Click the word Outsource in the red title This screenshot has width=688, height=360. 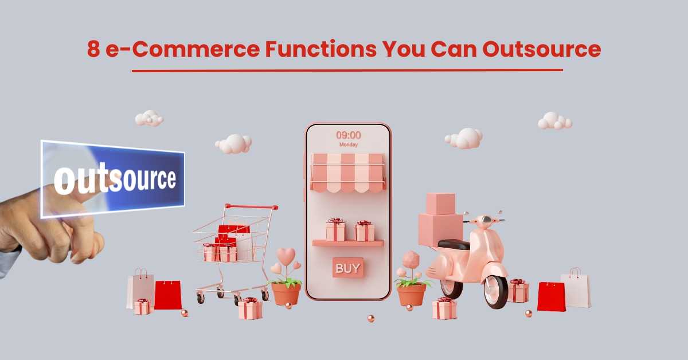541,49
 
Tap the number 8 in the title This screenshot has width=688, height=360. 93,49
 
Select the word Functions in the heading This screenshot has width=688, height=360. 320,49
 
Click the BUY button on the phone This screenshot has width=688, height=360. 347,268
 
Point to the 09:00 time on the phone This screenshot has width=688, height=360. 349,135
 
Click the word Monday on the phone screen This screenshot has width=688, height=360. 349,144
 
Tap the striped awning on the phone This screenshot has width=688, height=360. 347,173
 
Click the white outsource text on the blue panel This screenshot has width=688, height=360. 115,179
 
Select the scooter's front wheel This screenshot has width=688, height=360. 495,292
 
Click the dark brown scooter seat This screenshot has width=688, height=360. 454,245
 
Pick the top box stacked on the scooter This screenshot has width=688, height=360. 441,204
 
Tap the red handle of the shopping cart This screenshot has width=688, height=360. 252,206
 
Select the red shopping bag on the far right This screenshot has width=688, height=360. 551,297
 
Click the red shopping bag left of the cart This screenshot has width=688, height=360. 167,295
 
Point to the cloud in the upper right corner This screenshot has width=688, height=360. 555,121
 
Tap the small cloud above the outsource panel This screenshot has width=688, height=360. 149,118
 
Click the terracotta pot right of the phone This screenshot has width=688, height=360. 412,295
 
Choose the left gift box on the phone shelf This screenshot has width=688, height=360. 335,230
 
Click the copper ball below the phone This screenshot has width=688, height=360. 371,319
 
